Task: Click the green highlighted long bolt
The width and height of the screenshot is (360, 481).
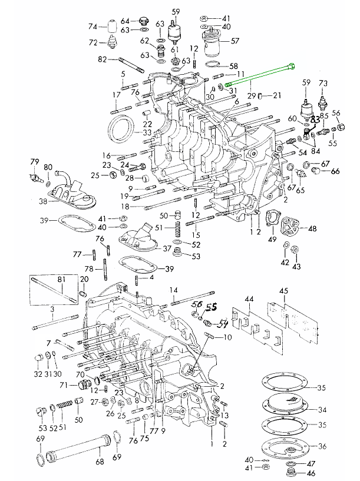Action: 259,76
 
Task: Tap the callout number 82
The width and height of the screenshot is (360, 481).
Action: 102,59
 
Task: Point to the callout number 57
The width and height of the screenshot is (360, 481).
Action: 235,42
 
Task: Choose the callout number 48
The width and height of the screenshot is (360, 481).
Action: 312,228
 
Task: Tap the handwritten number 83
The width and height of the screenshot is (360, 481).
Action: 315,120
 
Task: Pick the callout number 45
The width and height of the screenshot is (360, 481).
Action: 283,291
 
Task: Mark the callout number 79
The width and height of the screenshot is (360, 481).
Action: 34,162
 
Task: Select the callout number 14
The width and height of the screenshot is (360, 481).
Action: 174,290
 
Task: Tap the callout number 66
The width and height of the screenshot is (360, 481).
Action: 335,171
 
